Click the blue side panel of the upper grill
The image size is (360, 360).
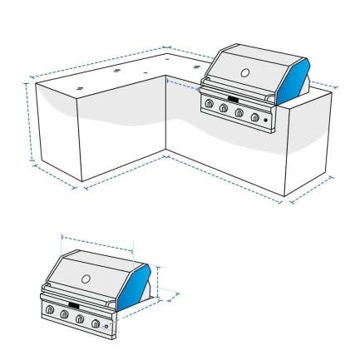[x=297, y=79]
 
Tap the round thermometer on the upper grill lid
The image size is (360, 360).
[x=244, y=73]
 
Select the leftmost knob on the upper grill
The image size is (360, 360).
[x=210, y=104]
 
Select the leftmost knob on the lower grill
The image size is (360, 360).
[x=50, y=310]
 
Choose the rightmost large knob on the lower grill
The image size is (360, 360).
[x=96, y=322]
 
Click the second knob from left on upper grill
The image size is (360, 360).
[x=224, y=108]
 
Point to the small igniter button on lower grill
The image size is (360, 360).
[x=107, y=326]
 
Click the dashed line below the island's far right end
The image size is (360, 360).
[x=313, y=189]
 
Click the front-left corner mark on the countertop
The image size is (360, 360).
[x=79, y=87]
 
